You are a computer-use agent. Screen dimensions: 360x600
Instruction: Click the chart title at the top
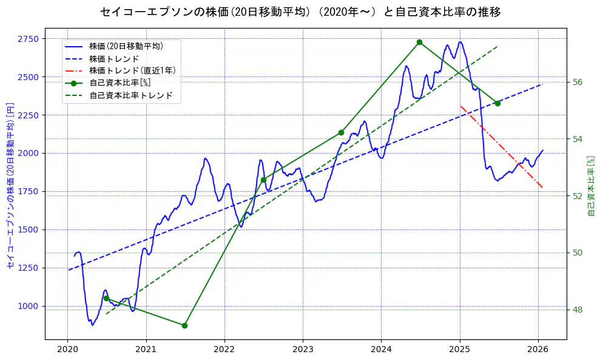pyautogui.click(x=300, y=12)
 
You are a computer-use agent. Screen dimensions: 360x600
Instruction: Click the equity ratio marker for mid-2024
pyautogui.click(x=419, y=42)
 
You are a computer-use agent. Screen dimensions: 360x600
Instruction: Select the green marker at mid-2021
pyautogui.click(x=184, y=325)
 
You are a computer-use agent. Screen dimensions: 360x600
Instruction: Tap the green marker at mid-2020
pyautogui.click(x=106, y=298)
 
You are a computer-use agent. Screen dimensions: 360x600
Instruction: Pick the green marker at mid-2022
pyautogui.click(x=263, y=180)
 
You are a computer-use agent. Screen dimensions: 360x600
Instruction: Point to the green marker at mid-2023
pyautogui.click(x=341, y=132)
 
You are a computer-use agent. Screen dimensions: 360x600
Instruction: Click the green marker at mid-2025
pyautogui.click(x=497, y=103)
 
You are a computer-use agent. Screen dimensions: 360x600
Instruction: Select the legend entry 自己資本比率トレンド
pyautogui.click(x=130, y=95)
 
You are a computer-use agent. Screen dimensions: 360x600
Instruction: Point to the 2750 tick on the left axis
pyautogui.click(x=28, y=39)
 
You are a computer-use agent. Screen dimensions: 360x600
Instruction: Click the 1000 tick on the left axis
pyautogui.click(x=28, y=306)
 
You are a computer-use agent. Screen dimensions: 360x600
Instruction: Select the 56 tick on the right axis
pyautogui.click(x=578, y=82)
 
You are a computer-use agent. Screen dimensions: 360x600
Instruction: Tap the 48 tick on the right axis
pyautogui.click(x=578, y=310)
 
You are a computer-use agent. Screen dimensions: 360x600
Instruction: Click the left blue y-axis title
pyautogui.click(x=10, y=186)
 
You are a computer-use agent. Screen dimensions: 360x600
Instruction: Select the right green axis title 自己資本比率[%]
pyautogui.click(x=592, y=186)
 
